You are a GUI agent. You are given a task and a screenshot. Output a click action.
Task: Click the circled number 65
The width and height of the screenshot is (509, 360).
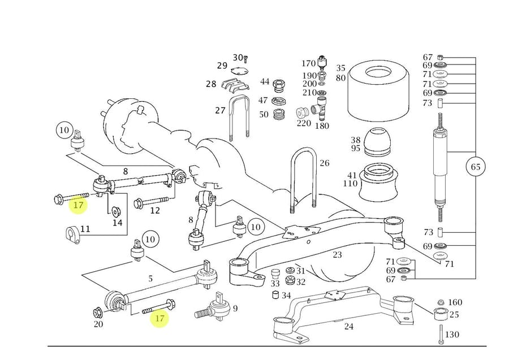(476, 167)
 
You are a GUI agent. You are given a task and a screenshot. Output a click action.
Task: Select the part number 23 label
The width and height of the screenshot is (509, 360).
(338, 255)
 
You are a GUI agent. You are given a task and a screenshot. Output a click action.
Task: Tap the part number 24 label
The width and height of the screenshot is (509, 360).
(349, 326)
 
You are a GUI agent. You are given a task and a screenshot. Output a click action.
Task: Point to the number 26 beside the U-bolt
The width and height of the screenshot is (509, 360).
(324, 164)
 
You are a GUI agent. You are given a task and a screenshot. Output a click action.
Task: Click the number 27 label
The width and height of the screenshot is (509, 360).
(220, 110)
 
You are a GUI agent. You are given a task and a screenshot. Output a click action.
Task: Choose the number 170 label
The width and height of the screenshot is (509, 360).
(308, 63)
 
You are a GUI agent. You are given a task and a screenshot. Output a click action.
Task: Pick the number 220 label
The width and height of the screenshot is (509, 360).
(304, 123)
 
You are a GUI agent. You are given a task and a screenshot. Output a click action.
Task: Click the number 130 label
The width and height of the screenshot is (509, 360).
(452, 335)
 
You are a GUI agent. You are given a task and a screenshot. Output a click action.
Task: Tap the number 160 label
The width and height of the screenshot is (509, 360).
(455, 302)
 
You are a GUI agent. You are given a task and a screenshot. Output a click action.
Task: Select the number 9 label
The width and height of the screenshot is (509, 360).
(235, 308)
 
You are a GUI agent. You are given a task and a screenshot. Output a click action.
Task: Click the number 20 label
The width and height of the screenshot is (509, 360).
(98, 324)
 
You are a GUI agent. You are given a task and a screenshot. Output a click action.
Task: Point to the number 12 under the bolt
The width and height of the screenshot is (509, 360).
(155, 211)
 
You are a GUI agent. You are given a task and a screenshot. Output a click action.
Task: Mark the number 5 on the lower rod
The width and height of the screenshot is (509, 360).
(150, 278)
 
